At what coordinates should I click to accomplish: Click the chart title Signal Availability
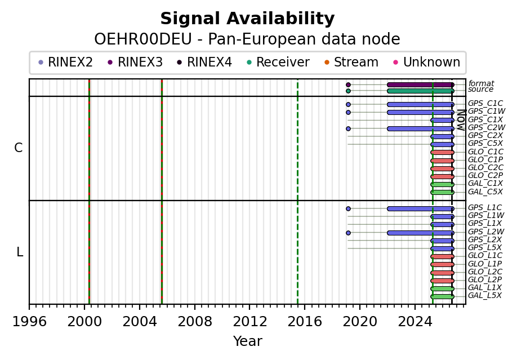tap(247, 19)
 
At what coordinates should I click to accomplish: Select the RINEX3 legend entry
tap(135, 62)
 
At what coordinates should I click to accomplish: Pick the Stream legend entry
tap(351, 62)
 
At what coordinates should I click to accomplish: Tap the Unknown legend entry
tap(427, 62)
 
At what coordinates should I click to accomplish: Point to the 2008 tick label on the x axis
tap(194, 321)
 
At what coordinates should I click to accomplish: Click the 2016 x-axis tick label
tap(305, 321)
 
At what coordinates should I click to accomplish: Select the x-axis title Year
tap(248, 341)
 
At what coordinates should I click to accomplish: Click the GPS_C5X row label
tap(485, 144)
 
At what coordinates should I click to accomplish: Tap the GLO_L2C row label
tap(485, 272)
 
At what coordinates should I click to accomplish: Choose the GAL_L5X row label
tap(485, 296)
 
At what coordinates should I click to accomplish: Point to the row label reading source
tap(481, 90)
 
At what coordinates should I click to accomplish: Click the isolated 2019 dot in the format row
tap(348, 85)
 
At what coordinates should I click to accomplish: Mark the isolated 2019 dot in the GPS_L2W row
tap(348, 233)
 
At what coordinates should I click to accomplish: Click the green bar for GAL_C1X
tap(442, 184)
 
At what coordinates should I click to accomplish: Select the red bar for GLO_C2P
tap(442, 176)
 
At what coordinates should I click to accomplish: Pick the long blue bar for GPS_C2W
tap(420, 128)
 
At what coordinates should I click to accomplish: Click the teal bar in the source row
tap(420, 91)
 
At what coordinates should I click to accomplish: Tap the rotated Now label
tap(461, 120)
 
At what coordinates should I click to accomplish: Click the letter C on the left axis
tap(19, 148)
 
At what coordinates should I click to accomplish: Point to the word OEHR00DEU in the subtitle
tap(143, 39)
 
